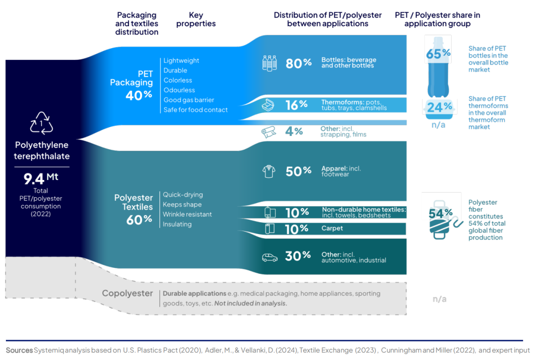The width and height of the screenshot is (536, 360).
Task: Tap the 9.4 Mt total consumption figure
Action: [41, 178]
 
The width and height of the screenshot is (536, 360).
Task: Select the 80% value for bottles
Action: [298, 63]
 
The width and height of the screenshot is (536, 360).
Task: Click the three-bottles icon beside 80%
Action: [269, 63]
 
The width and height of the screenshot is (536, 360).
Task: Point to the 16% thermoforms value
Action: [296, 105]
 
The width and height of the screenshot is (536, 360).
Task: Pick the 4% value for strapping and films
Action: [294, 131]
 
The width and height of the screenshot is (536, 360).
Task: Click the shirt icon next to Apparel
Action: [268, 172]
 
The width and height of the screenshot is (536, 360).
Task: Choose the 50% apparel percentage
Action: [298, 171]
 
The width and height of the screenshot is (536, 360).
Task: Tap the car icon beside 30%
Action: [269, 257]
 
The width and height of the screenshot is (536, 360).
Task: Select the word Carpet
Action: [332, 228]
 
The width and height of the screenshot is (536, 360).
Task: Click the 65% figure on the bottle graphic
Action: [438, 54]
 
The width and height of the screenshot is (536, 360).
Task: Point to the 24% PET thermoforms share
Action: [439, 107]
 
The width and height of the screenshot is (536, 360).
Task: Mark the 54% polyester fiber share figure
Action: [440, 214]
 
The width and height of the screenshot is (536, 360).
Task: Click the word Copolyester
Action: [127, 294]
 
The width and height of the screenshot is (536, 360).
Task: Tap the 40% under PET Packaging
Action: [139, 95]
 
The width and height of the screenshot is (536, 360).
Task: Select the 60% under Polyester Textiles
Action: [139, 220]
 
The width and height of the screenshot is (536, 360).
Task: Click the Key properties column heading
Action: [196, 19]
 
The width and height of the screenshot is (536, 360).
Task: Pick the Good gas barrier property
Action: [189, 100]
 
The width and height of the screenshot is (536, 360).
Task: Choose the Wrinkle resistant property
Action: [187, 215]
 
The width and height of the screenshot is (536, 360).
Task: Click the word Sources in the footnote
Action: [19, 350]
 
